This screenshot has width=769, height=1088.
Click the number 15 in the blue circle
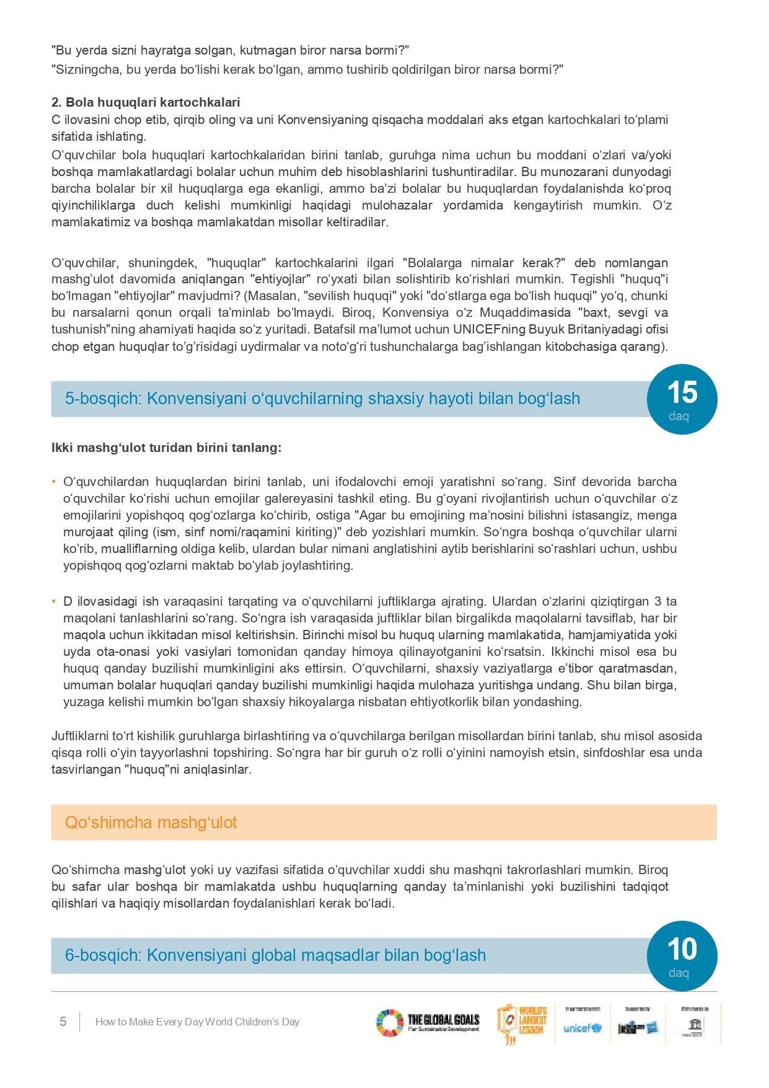[x=682, y=392]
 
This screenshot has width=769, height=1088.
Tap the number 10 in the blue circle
[x=682, y=949]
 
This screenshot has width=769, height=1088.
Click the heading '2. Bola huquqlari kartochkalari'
[x=146, y=102]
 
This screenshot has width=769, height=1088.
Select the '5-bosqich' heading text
[x=322, y=399]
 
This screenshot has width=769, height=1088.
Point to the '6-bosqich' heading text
[x=275, y=955]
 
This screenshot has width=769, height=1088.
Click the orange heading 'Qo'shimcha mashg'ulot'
[x=151, y=823]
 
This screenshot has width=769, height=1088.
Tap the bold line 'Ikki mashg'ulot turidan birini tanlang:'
[x=166, y=448]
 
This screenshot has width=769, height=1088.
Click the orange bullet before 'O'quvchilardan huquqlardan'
[x=54, y=482]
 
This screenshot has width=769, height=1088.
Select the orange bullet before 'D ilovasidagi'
[x=54, y=601]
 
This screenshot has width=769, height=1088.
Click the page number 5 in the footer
[x=63, y=1022]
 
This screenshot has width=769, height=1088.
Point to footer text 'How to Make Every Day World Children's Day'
[x=197, y=1022]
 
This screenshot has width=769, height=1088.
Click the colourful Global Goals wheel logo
[x=389, y=1023]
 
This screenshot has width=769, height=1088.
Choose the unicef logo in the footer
[x=582, y=1028]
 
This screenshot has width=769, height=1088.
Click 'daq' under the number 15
[x=679, y=416]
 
